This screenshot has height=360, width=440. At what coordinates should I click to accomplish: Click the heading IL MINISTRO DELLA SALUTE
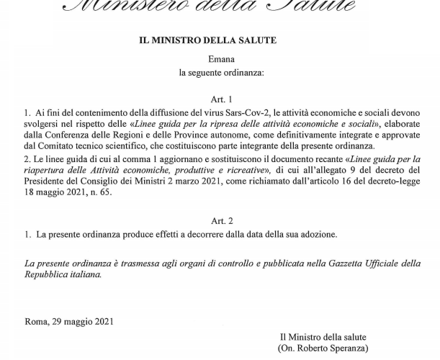(207, 40)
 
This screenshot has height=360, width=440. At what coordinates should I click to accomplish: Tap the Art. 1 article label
(222, 99)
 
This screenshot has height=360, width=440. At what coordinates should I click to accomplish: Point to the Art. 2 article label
(222, 221)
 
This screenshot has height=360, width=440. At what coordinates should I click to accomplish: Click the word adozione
(317, 235)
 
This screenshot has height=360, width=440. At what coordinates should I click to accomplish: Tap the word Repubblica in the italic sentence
(48, 274)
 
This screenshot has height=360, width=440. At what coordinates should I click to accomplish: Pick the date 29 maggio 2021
(83, 321)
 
